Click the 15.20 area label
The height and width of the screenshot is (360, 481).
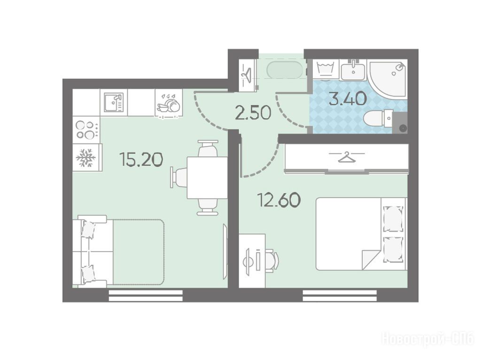141,160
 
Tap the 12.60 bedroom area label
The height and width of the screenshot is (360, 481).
279,200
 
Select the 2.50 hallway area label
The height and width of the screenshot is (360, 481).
253,112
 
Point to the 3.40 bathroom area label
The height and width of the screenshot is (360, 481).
348,99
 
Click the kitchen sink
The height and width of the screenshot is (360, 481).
113,102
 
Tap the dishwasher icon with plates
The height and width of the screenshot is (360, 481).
169,104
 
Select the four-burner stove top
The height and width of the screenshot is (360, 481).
87,130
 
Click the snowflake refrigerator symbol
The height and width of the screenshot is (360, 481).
86,158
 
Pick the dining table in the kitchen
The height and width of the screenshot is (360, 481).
207,177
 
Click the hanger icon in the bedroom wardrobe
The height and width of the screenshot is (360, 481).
347,157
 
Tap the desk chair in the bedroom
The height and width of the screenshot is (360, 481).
272,260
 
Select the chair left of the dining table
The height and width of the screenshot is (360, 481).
179,177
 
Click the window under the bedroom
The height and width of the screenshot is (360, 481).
340,296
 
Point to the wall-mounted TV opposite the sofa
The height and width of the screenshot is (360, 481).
225,252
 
